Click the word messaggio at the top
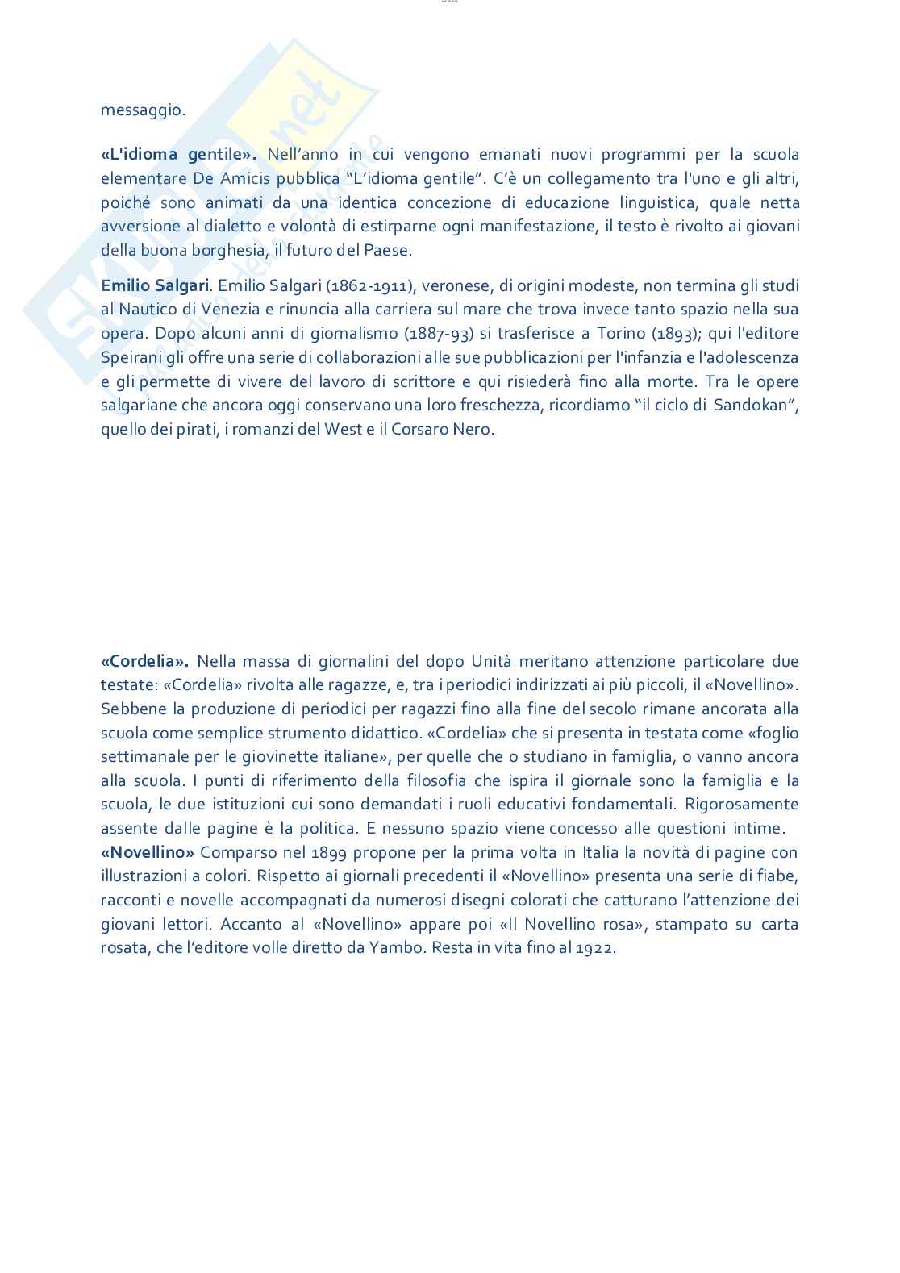[142, 110]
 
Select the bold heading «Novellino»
[148, 852]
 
